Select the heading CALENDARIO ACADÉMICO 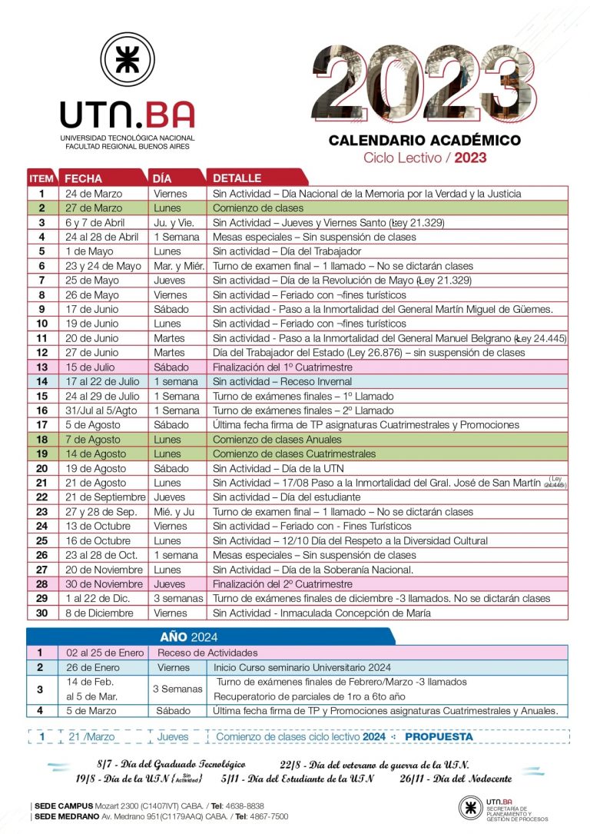[424, 141]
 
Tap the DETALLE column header [237, 178]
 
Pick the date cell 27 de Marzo [91, 208]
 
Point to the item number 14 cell [41, 381]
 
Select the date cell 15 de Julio [91, 367]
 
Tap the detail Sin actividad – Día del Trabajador [287, 251]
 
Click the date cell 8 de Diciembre [98, 613]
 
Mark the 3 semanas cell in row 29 [178, 598]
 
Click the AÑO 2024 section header [189, 636]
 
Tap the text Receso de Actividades [206, 653]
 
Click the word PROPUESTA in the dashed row [439, 736]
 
